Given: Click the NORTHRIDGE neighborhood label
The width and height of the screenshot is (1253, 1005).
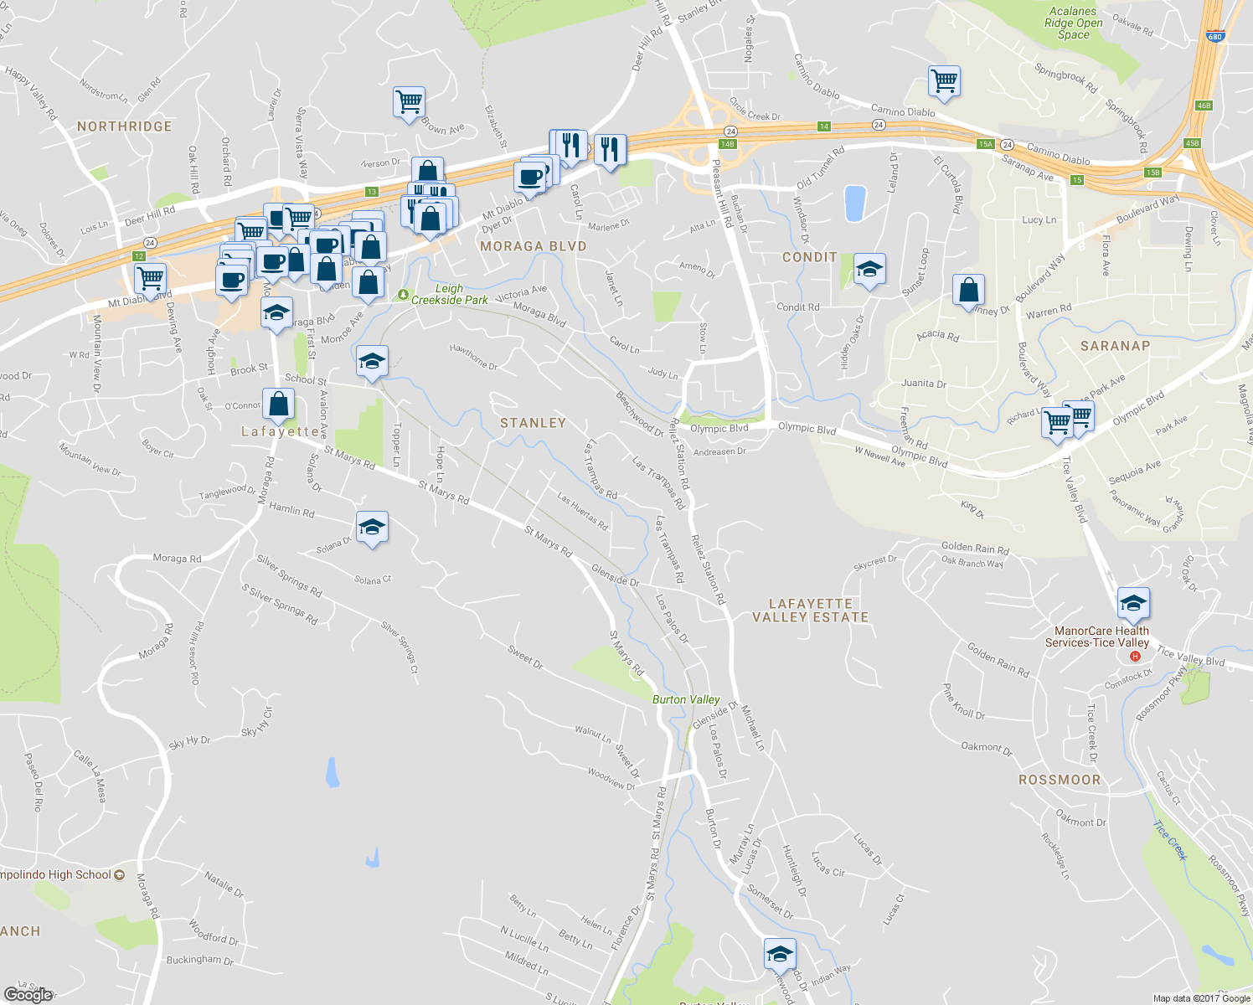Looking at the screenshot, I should click(124, 126).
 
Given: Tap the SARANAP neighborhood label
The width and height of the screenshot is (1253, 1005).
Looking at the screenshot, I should click(1115, 346).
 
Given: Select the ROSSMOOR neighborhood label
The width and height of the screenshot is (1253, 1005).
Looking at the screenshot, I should click(1060, 780).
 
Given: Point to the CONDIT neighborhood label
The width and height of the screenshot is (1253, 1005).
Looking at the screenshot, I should click(809, 257).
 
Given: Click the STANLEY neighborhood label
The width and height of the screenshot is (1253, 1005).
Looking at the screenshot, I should click(533, 423).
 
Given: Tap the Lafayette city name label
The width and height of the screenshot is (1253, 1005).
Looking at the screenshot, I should click(280, 431).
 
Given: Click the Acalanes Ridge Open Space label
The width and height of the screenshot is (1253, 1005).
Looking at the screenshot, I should click(1073, 23).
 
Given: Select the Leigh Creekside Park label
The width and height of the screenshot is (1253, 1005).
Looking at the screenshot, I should click(449, 294).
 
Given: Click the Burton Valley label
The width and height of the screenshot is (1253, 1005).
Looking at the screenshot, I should click(686, 699).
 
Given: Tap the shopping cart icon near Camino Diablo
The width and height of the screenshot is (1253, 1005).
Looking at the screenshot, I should click(944, 81).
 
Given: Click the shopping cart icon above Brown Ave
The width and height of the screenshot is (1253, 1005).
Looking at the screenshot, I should click(409, 102).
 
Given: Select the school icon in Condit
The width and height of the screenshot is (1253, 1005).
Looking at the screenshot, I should click(869, 270).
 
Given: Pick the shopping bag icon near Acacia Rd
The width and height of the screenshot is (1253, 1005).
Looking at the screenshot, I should click(968, 290).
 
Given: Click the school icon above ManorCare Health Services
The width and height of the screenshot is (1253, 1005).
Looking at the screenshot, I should click(1132, 603).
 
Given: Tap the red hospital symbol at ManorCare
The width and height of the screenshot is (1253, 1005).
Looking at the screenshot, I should click(1135, 656).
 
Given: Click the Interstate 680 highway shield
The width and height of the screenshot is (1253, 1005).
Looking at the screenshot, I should click(1215, 36).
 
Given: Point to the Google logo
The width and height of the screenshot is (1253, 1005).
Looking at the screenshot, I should click(28, 994).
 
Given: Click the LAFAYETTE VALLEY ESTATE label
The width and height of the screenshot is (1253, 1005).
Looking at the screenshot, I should click(810, 611).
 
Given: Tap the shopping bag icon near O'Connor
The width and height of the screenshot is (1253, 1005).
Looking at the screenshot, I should click(278, 404).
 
